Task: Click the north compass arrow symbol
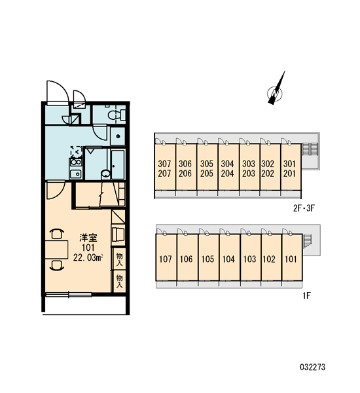276,90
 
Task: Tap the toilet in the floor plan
117,115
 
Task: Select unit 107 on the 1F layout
166,257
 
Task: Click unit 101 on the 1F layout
292,257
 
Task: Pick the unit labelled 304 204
228,167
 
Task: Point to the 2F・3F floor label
304,208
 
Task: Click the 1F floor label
306,296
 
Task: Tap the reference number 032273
313,367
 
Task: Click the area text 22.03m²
88,257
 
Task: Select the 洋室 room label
88,238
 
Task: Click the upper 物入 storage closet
120,259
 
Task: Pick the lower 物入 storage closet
120,281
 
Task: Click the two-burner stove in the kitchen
76,162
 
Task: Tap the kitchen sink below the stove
75,174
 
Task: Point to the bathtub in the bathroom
118,164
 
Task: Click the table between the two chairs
56,250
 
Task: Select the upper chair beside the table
57,233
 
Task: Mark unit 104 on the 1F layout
230,257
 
